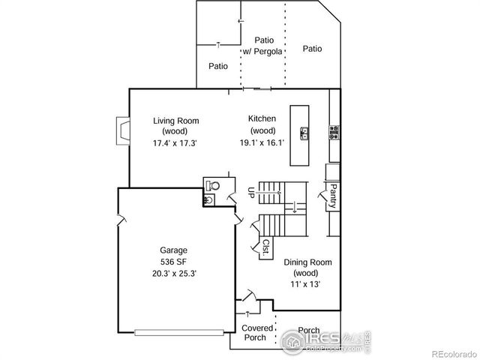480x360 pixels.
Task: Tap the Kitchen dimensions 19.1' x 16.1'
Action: click(262, 142)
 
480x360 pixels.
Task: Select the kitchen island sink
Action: click(304, 134)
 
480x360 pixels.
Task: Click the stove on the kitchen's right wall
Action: click(333, 133)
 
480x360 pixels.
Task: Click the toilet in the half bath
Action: click(213, 184)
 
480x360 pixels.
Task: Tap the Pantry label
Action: click(332, 195)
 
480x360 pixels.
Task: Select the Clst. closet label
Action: click(266, 247)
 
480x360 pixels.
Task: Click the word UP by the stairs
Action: click(250, 193)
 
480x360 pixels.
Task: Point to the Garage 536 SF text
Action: click(173, 256)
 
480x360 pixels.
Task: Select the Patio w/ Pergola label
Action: click(263, 46)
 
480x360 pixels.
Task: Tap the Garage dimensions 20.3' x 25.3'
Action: click(173, 273)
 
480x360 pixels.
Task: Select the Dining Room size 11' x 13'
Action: click(307, 284)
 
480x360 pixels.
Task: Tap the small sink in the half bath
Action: click(208, 199)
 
